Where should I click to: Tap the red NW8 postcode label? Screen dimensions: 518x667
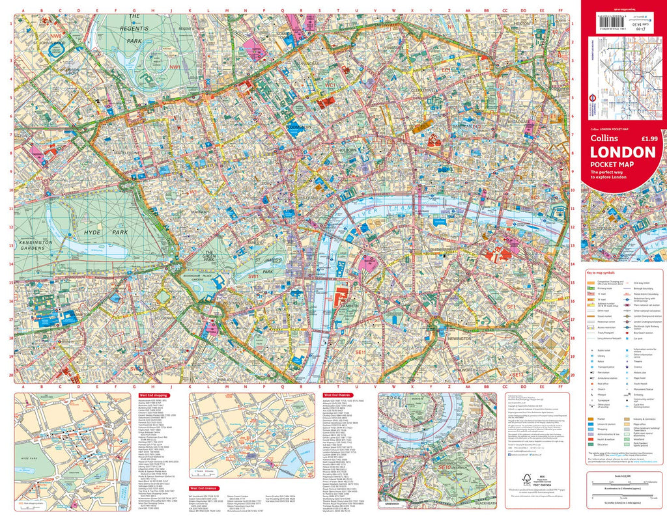(x=57, y=36)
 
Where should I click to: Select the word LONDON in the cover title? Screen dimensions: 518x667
(x=622, y=152)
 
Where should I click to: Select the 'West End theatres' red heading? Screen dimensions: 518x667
(x=339, y=394)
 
